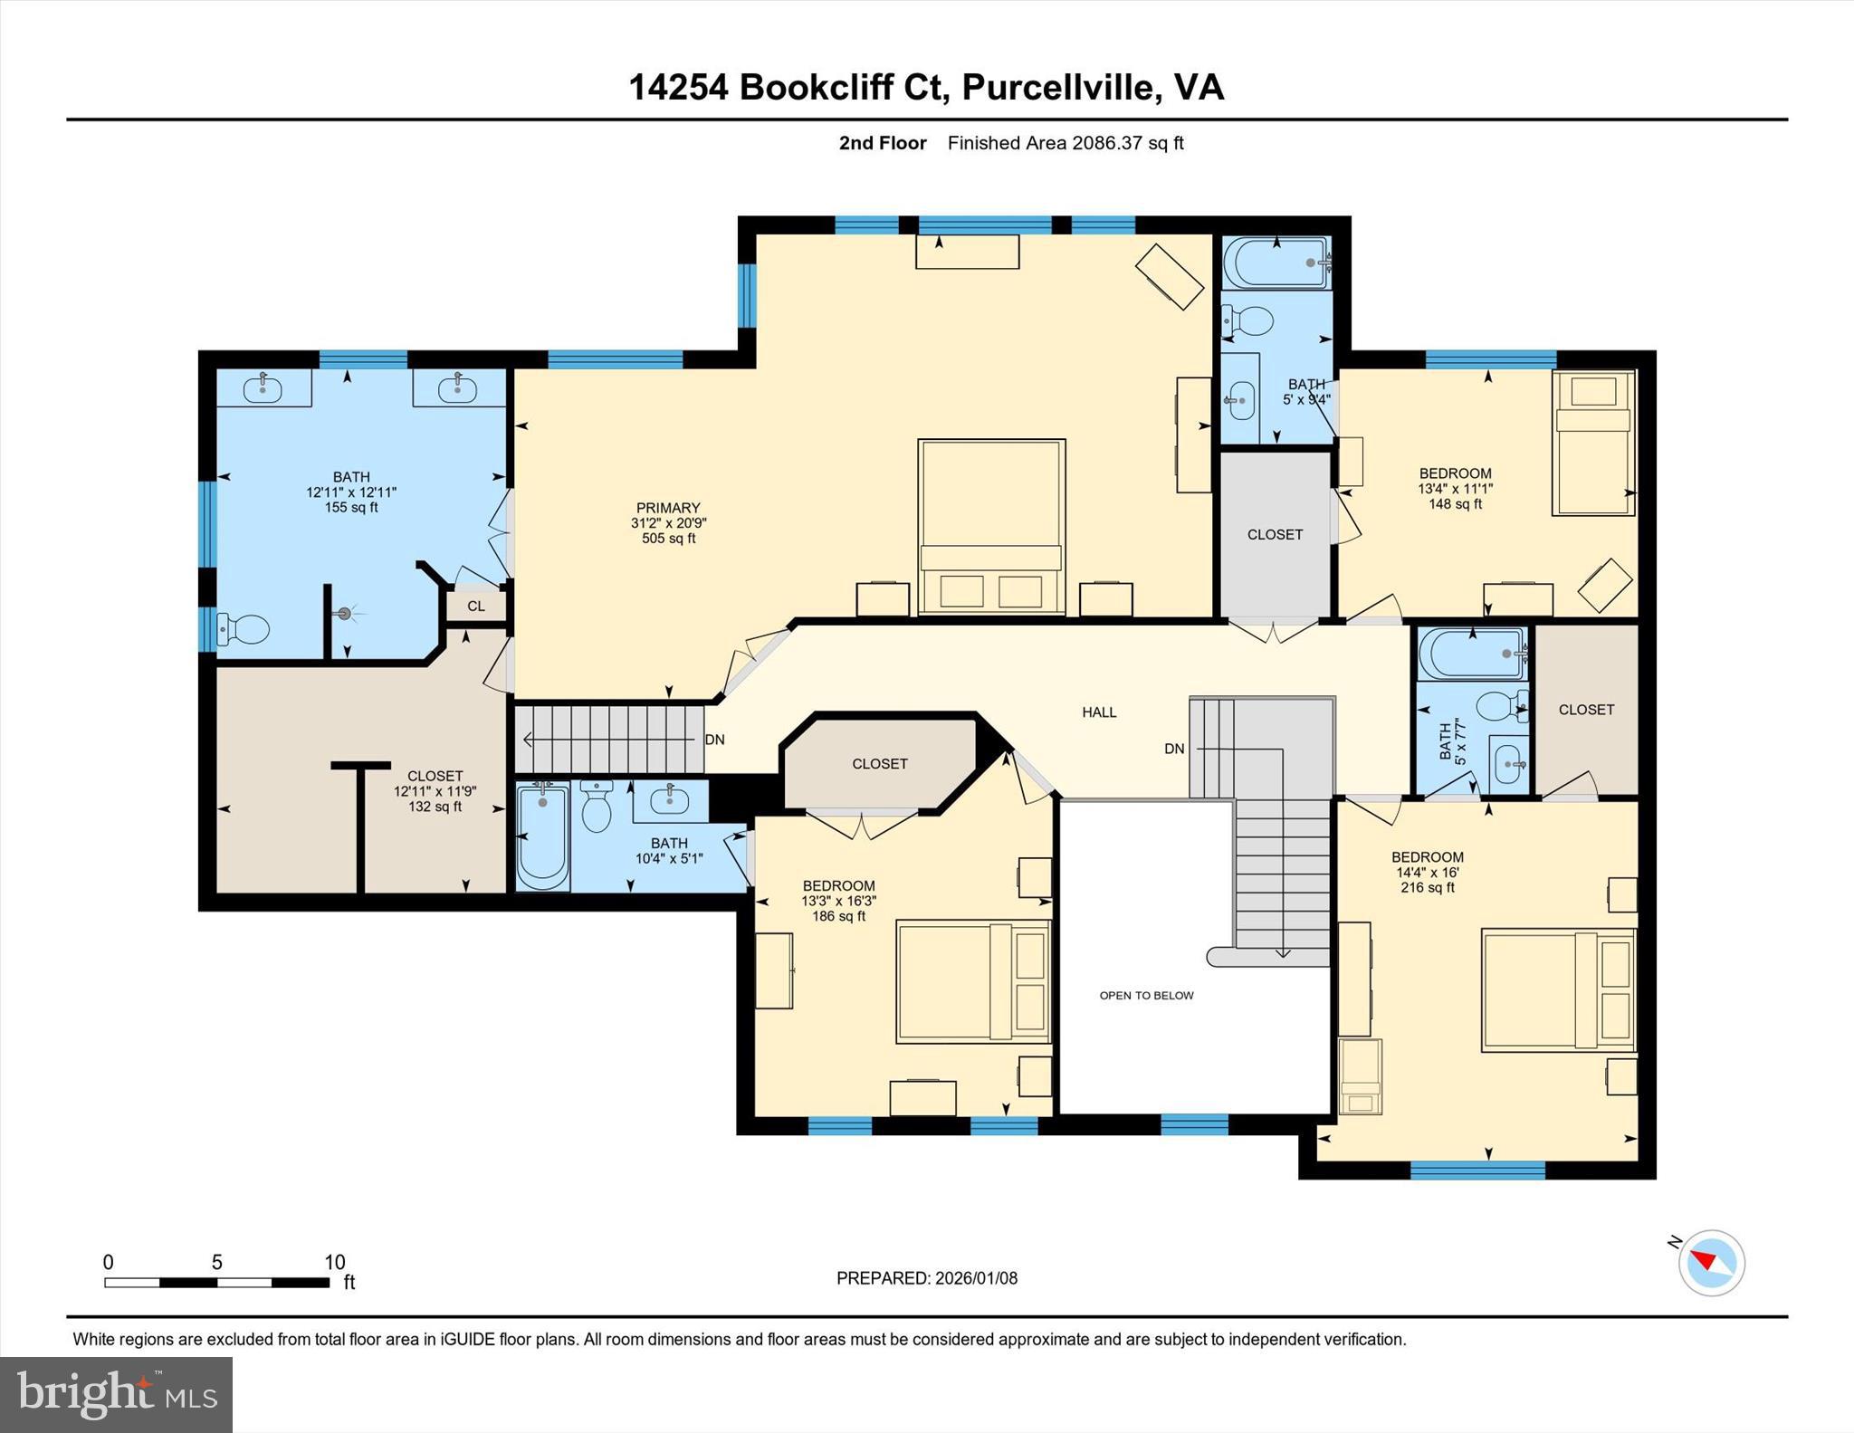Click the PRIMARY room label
pos(668,508)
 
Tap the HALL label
pos(1099,712)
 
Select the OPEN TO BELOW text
pos(1146,996)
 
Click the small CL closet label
pos(476,607)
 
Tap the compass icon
pos(1711,1263)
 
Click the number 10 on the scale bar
pos(335,1262)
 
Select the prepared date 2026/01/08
pos(976,1278)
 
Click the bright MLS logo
pos(116,1394)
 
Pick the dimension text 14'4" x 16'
pos(1428,873)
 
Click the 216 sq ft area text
pos(1428,888)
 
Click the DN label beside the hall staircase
pos(1174,749)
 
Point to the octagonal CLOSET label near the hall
pos(879,764)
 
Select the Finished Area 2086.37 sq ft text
pos(1065,143)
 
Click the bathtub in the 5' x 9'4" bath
pos(1276,263)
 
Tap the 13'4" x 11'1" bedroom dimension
pos(1455,489)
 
